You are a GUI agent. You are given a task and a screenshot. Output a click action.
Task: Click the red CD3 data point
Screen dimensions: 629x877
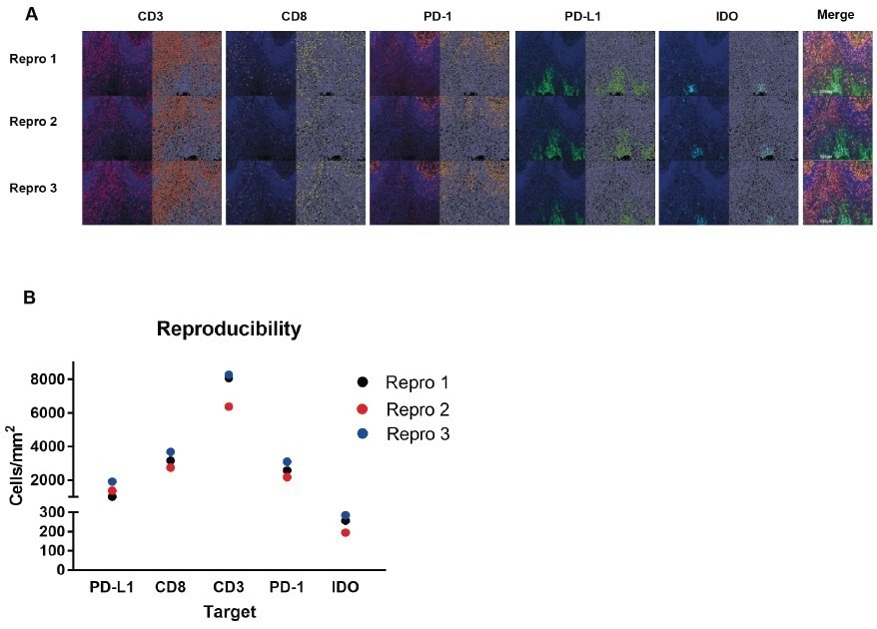coord(229,406)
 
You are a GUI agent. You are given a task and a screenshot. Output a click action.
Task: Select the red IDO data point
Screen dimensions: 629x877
coord(345,532)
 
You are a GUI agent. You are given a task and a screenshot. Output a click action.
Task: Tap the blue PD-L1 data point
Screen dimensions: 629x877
coord(113,482)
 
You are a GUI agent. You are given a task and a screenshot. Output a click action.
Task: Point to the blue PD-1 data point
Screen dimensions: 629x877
coord(287,461)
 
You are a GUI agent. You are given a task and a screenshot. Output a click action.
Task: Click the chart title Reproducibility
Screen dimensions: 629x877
coord(229,328)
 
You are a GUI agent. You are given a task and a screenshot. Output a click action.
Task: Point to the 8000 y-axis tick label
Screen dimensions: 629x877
coord(48,379)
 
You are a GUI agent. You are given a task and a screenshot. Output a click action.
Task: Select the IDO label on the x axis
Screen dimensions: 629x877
coord(345,588)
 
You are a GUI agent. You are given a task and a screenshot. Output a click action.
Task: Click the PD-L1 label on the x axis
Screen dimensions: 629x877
coord(112,588)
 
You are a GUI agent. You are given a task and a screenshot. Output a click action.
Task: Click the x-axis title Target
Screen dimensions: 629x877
coord(230,611)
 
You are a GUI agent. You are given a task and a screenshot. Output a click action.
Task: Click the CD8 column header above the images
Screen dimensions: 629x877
coord(296,16)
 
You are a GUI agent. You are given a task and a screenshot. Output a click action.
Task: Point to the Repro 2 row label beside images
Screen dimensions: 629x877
coord(33,122)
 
